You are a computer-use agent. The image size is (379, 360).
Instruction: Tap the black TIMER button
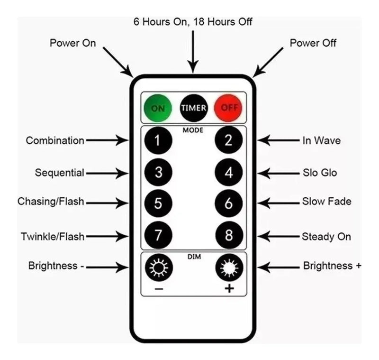click(x=193, y=108)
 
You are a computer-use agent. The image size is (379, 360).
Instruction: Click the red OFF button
click(x=229, y=108)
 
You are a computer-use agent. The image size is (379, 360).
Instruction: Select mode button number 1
click(x=158, y=140)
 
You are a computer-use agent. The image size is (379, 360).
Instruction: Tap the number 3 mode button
click(x=158, y=172)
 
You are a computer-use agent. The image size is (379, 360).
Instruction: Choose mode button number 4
click(x=229, y=172)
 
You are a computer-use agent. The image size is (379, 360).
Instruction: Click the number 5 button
click(x=158, y=203)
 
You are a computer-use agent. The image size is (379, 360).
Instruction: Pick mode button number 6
click(x=229, y=203)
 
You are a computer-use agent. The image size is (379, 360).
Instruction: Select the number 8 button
click(x=229, y=235)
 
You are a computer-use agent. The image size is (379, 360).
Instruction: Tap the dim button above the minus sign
click(x=159, y=268)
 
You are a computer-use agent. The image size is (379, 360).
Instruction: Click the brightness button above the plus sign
click(x=229, y=268)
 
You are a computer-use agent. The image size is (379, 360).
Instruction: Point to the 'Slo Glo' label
click(x=320, y=173)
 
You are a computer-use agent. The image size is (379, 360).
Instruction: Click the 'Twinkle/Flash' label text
click(x=52, y=236)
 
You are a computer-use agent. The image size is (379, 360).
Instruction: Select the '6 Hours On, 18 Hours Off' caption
click(x=193, y=22)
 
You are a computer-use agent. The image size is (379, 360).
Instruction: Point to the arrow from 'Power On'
click(x=119, y=63)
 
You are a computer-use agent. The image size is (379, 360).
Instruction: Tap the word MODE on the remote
click(x=193, y=130)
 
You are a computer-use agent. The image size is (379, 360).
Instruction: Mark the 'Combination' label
click(x=55, y=140)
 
